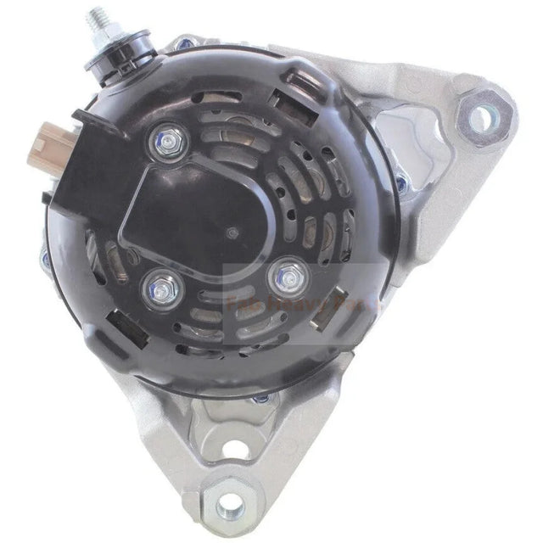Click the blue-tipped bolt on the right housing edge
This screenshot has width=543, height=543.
(401, 182)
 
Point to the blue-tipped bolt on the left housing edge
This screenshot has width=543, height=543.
(45, 255)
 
